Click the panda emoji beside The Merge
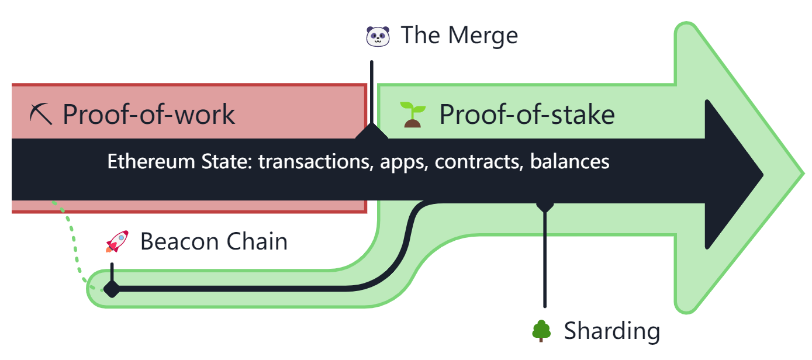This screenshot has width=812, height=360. (377, 36)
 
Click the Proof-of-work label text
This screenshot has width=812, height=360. (148, 114)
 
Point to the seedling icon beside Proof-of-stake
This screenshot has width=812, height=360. (413, 114)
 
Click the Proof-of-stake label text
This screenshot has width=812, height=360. (527, 114)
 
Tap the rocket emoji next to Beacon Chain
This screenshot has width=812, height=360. (117, 241)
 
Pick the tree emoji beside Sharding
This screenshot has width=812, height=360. (541, 331)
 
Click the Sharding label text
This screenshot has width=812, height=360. (612, 331)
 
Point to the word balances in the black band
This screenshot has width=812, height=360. (569, 161)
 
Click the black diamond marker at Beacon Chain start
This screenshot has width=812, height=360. (111, 289)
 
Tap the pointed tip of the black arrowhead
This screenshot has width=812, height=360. (761, 174)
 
